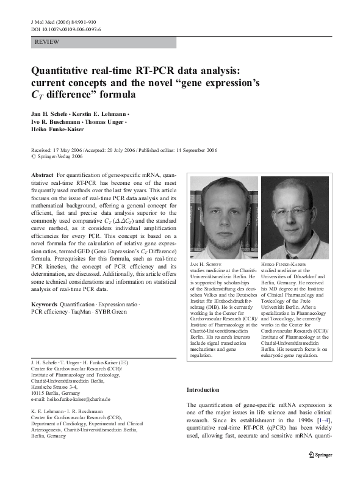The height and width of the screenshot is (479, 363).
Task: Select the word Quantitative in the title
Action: click(x=71, y=71)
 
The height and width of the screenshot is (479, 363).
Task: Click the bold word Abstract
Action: click(x=42, y=175)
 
